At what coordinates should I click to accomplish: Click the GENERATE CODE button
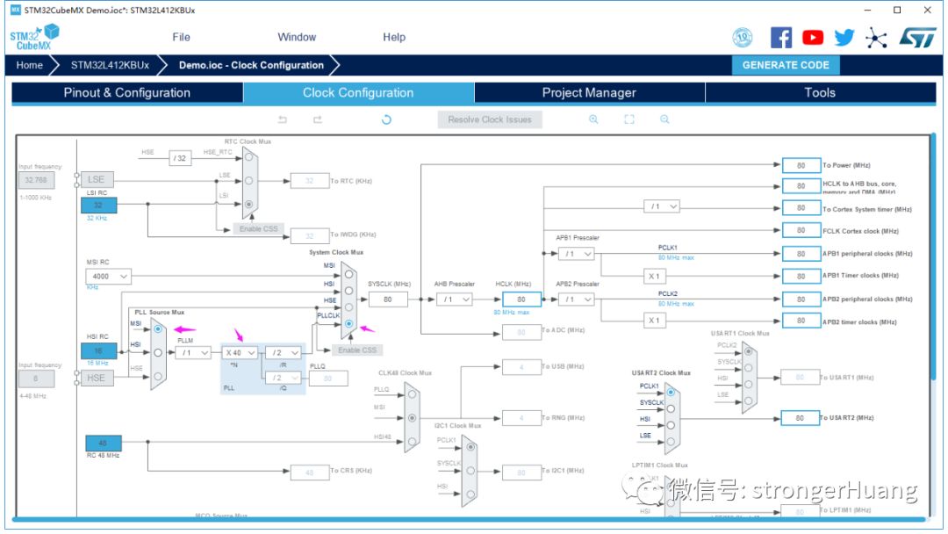(x=786, y=65)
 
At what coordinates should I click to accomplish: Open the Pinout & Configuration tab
(x=126, y=92)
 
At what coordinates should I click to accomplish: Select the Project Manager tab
(x=589, y=92)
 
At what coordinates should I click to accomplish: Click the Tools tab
(x=820, y=92)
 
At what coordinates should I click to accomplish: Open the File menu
(x=181, y=37)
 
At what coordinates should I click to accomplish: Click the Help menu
(x=394, y=37)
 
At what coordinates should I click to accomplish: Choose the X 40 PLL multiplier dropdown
(x=240, y=352)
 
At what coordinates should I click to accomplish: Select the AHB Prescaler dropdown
(x=453, y=299)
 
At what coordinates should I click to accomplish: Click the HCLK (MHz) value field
(x=521, y=299)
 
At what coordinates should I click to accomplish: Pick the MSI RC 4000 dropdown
(x=108, y=277)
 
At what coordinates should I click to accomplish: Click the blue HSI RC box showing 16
(x=99, y=351)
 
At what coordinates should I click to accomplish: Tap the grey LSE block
(x=97, y=179)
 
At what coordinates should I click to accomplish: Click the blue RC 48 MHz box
(x=103, y=444)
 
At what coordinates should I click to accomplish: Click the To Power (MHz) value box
(x=801, y=165)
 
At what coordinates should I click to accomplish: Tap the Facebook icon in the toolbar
(x=781, y=37)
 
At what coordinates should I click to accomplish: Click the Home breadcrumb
(x=29, y=65)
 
